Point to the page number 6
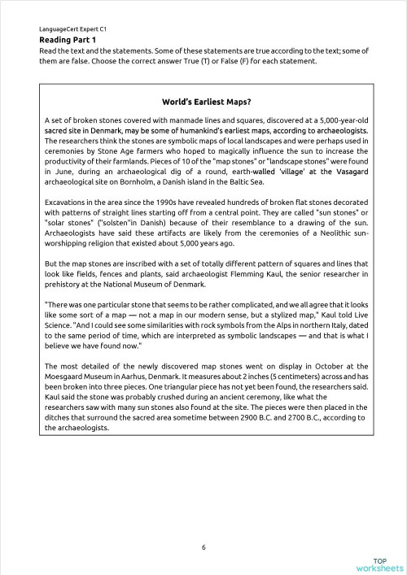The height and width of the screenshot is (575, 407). [203, 547]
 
